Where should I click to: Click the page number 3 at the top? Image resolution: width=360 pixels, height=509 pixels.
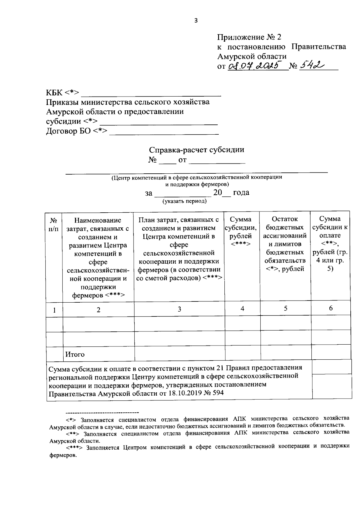[x=196, y=20]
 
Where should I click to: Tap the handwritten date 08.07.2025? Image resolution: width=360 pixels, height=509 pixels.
[x=255, y=65]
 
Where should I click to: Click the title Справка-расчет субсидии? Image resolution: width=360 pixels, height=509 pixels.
[x=196, y=150]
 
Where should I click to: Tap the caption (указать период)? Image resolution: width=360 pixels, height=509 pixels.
[x=184, y=201]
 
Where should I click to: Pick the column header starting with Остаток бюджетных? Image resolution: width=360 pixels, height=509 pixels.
[x=285, y=244]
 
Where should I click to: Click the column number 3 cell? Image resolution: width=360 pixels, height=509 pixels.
[x=179, y=309]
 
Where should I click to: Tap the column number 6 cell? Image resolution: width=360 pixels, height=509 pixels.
[x=331, y=308]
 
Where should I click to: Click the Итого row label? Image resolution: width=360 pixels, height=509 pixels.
[x=75, y=354]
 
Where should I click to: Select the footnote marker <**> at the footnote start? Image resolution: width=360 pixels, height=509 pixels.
[x=72, y=433]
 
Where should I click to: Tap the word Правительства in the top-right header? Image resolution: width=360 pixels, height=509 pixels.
[x=319, y=46]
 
